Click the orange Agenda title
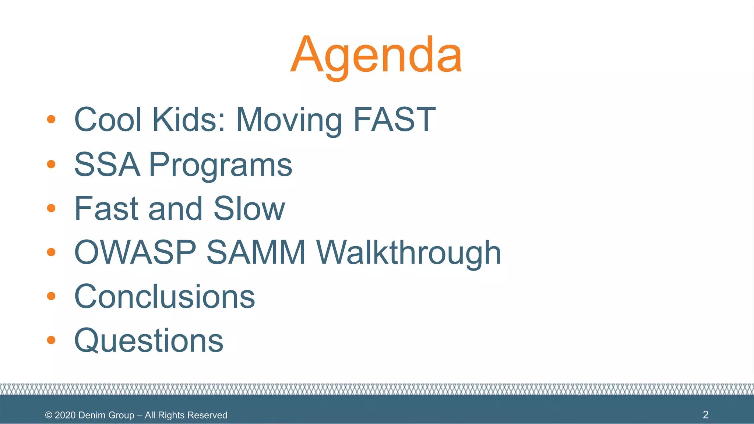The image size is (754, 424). tap(376, 55)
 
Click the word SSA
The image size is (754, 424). tap(107, 165)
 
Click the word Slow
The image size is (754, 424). tap(249, 209)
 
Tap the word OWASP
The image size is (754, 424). tap(135, 253)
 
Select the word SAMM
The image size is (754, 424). tap(256, 253)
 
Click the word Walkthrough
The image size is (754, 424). tap(409, 253)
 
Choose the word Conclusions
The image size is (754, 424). tap(165, 297)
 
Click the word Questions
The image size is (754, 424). tap(149, 341)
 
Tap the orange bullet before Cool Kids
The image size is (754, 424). tap(51, 119)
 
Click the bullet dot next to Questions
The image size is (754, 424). tap(51, 340)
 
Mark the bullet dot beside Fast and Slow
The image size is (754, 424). tap(51, 208)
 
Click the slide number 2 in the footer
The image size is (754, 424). tap(705, 415)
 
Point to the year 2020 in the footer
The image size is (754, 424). tap(65, 415)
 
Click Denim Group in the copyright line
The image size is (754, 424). tap(106, 415)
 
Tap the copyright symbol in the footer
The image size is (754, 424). tap(49, 415)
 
